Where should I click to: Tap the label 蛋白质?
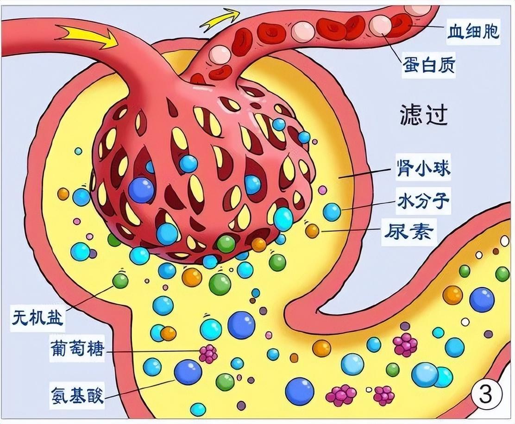pos(428,67)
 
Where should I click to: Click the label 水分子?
pos(423,202)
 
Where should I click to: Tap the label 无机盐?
pos(38,318)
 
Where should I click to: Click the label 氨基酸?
pos(76,395)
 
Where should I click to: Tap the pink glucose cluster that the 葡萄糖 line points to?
pos(208,354)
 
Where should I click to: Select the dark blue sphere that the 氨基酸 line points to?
pos(188,372)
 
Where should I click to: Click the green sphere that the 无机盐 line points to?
pos(120,281)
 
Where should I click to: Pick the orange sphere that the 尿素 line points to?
pos(312,231)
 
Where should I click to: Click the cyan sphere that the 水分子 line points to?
pos(332,212)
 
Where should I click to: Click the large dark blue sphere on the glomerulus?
pos(141,190)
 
